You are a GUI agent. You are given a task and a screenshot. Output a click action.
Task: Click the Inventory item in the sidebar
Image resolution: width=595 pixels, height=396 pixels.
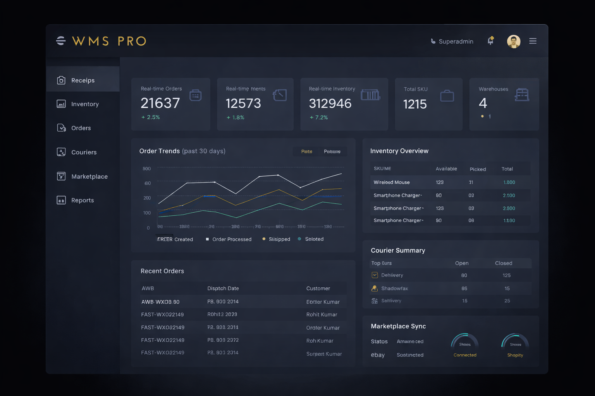pyautogui.click(x=85, y=104)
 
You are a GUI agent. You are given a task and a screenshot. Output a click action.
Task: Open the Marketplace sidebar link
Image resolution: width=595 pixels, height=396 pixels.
pyautogui.click(x=89, y=176)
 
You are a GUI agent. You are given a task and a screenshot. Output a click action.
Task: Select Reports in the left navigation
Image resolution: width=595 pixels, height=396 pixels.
pyautogui.click(x=82, y=200)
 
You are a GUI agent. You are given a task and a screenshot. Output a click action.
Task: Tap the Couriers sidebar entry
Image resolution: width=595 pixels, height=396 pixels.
pyautogui.click(x=84, y=152)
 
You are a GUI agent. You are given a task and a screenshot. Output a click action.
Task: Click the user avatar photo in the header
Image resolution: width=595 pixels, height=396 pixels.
pyautogui.click(x=514, y=41)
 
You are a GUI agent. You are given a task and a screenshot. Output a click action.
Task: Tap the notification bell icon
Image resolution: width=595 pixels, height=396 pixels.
pyautogui.click(x=490, y=41)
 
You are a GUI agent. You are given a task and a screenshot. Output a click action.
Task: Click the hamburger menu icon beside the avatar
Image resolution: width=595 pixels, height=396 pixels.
pyautogui.click(x=533, y=41)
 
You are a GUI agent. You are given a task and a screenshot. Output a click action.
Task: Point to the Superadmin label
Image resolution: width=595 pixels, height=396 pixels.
pyautogui.click(x=456, y=41)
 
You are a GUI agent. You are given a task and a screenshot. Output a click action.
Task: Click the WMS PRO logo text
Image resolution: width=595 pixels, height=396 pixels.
pyautogui.click(x=109, y=41)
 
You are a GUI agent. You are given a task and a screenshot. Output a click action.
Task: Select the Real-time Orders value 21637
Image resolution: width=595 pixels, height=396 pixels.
pyautogui.click(x=160, y=103)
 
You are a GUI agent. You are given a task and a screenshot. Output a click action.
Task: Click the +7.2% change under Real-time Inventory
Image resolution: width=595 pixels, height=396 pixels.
pyautogui.click(x=319, y=118)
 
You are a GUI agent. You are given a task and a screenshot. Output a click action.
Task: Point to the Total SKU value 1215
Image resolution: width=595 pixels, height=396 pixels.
pyautogui.click(x=415, y=104)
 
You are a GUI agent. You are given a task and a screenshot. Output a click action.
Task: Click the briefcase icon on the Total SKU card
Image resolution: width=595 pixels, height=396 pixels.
pyautogui.click(x=447, y=96)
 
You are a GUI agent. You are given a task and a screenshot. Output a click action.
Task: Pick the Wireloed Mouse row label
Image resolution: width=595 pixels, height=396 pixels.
pyautogui.click(x=392, y=182)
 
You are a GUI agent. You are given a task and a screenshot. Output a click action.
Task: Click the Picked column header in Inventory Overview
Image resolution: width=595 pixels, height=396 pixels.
pyautogui.click(x=478, y=169)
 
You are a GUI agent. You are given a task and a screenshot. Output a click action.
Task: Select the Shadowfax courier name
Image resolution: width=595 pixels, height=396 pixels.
pyautogui.click(x=394, y=288)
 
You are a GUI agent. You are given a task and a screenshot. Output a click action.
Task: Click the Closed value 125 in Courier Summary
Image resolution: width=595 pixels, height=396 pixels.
pyautogui.click(x=507, y=275)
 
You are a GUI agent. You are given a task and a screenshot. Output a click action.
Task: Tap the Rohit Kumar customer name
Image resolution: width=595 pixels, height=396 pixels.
pyautogui.click(x=322, y=315)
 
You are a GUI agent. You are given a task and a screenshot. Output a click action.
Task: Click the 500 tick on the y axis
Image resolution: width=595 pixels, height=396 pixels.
pyautogui.click(x=147, y=169)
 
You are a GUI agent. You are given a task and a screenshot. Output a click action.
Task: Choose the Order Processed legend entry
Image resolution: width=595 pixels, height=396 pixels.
pyautogui.click(x=232, y=239)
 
